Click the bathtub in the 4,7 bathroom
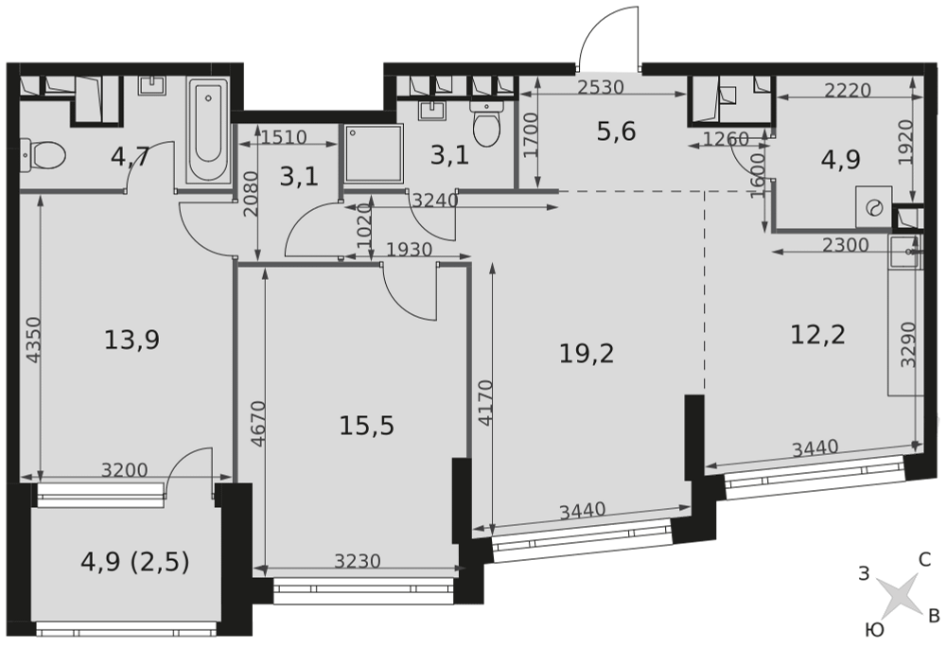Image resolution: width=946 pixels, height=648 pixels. (x=208, y=131)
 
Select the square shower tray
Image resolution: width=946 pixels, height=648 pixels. (x=374, y=153)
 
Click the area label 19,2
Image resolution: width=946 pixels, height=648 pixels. (x=587, y=354)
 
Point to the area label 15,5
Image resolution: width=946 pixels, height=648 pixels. (x=366, y=426)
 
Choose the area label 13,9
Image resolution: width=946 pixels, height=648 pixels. (x=131, y=340)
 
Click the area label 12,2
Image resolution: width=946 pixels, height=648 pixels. (x=817, y=334)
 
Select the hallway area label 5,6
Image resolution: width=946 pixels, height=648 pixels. (x=616, y=131)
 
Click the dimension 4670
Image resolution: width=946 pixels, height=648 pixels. (x=257, y=424)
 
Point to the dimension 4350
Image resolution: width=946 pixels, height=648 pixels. (x=34, y=340)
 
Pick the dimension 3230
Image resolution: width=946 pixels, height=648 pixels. (x=358, y=561)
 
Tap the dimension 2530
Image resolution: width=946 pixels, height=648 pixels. (x=601, y=87)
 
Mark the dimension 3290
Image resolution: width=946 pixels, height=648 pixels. (x=908, y=344)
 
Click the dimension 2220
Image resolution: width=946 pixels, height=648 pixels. (x=848, y=91)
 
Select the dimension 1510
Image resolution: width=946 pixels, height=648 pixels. (x=285, y=137)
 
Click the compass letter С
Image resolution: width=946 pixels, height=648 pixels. (x=924, y=560)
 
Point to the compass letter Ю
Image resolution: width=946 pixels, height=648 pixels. (x=874, y=631)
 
